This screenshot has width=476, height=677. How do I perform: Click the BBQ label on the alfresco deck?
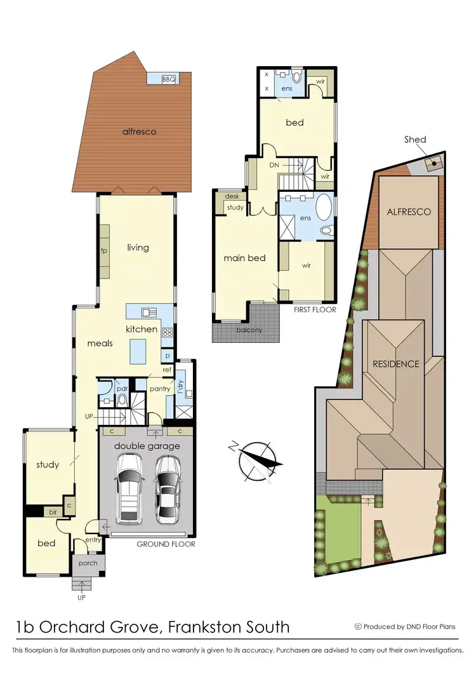(168, 79)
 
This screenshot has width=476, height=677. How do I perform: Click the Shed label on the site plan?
(415, 140)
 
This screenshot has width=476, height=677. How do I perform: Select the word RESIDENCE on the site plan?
(395, 364)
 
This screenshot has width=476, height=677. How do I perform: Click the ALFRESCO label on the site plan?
(409, 211)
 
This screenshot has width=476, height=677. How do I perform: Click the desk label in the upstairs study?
(232, 197)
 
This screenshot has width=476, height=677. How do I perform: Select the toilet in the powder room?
(123, 400)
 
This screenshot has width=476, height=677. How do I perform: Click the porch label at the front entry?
(88, 563)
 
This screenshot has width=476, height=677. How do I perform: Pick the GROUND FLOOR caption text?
(166, 544)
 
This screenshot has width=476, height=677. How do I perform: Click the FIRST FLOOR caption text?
(315, 310)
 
